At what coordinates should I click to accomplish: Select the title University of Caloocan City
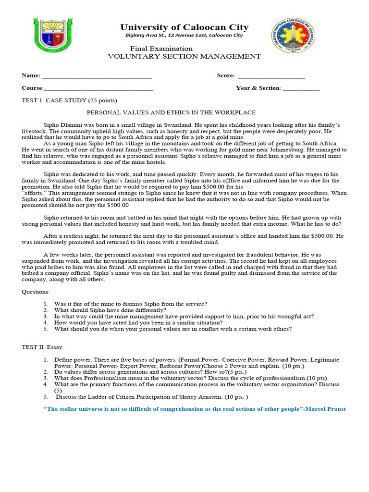(184, 28)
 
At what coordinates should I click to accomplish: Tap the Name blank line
(97, 76)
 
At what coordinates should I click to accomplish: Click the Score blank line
(271, 76)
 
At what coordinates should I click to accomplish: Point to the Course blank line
(98, 89)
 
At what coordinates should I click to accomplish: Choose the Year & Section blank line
(301, 89)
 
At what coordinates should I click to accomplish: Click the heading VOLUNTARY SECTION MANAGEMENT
(184, 56)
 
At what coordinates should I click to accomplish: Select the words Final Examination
(161, 49)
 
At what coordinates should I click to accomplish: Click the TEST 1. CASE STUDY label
(69, 100)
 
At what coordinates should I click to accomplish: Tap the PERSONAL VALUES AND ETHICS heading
(171, 112)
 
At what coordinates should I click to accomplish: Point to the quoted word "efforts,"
(35, 193)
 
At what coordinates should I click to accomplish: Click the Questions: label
(36, 292)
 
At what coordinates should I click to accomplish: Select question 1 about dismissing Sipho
(130, 304)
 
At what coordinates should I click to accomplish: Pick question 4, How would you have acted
(138, 323)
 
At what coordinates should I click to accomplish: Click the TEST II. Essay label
(42, 347)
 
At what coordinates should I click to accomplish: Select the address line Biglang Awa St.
(184, 36)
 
